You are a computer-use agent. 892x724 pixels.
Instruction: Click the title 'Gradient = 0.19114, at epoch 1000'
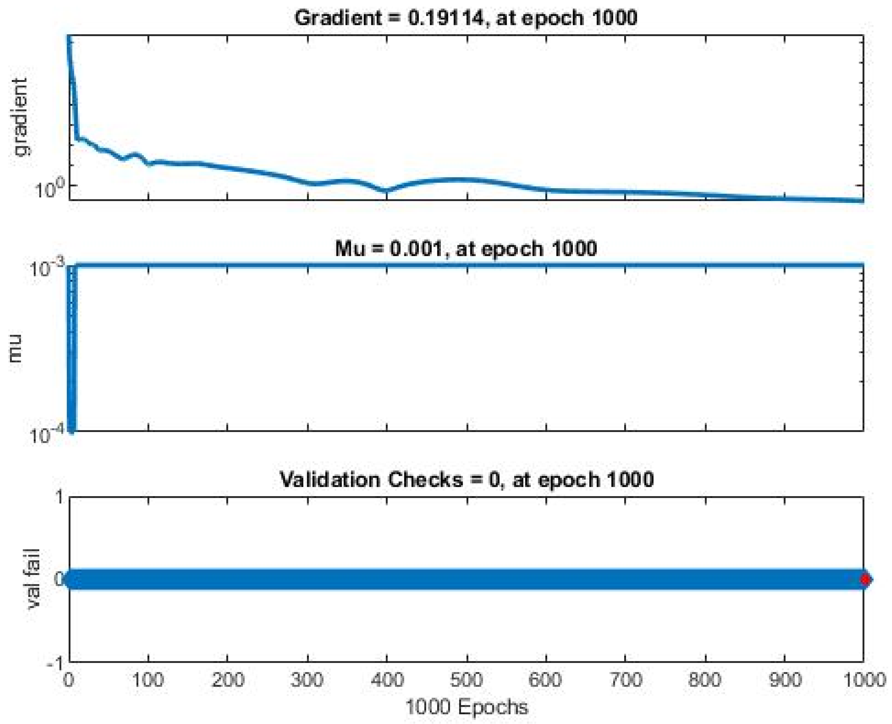click(x=465, y=18)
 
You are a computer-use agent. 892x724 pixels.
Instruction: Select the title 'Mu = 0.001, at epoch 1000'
click(x=465, y=249)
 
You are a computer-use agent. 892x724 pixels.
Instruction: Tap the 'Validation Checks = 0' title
click(x=466, y=479)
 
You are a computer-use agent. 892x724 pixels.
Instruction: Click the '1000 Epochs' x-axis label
click(x=466, y=707)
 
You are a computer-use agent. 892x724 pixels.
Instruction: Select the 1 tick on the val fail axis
click(x=59, y=497)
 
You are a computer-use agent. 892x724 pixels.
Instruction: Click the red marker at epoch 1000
click(x=865, y=579)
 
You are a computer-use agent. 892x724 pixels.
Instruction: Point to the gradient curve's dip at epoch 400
click(x=386, y=191)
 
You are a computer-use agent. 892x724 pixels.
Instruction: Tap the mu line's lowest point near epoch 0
click(x=71, y=430)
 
